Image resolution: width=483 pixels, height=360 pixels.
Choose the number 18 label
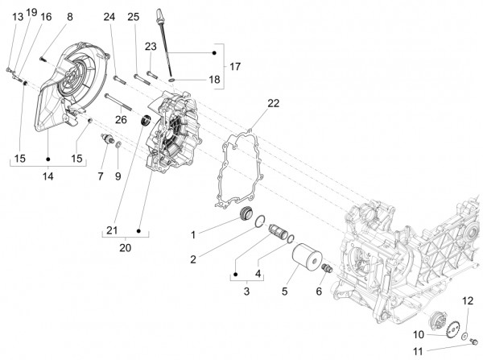click(x=213, y=80)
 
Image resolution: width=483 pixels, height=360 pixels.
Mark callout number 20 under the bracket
click(x=125, y=248)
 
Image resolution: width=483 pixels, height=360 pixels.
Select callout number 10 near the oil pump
click(x=418, y=333)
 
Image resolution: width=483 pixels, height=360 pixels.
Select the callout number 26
click(x=121, y=120)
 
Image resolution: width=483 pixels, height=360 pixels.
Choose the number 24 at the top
click(x=109, y=16)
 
